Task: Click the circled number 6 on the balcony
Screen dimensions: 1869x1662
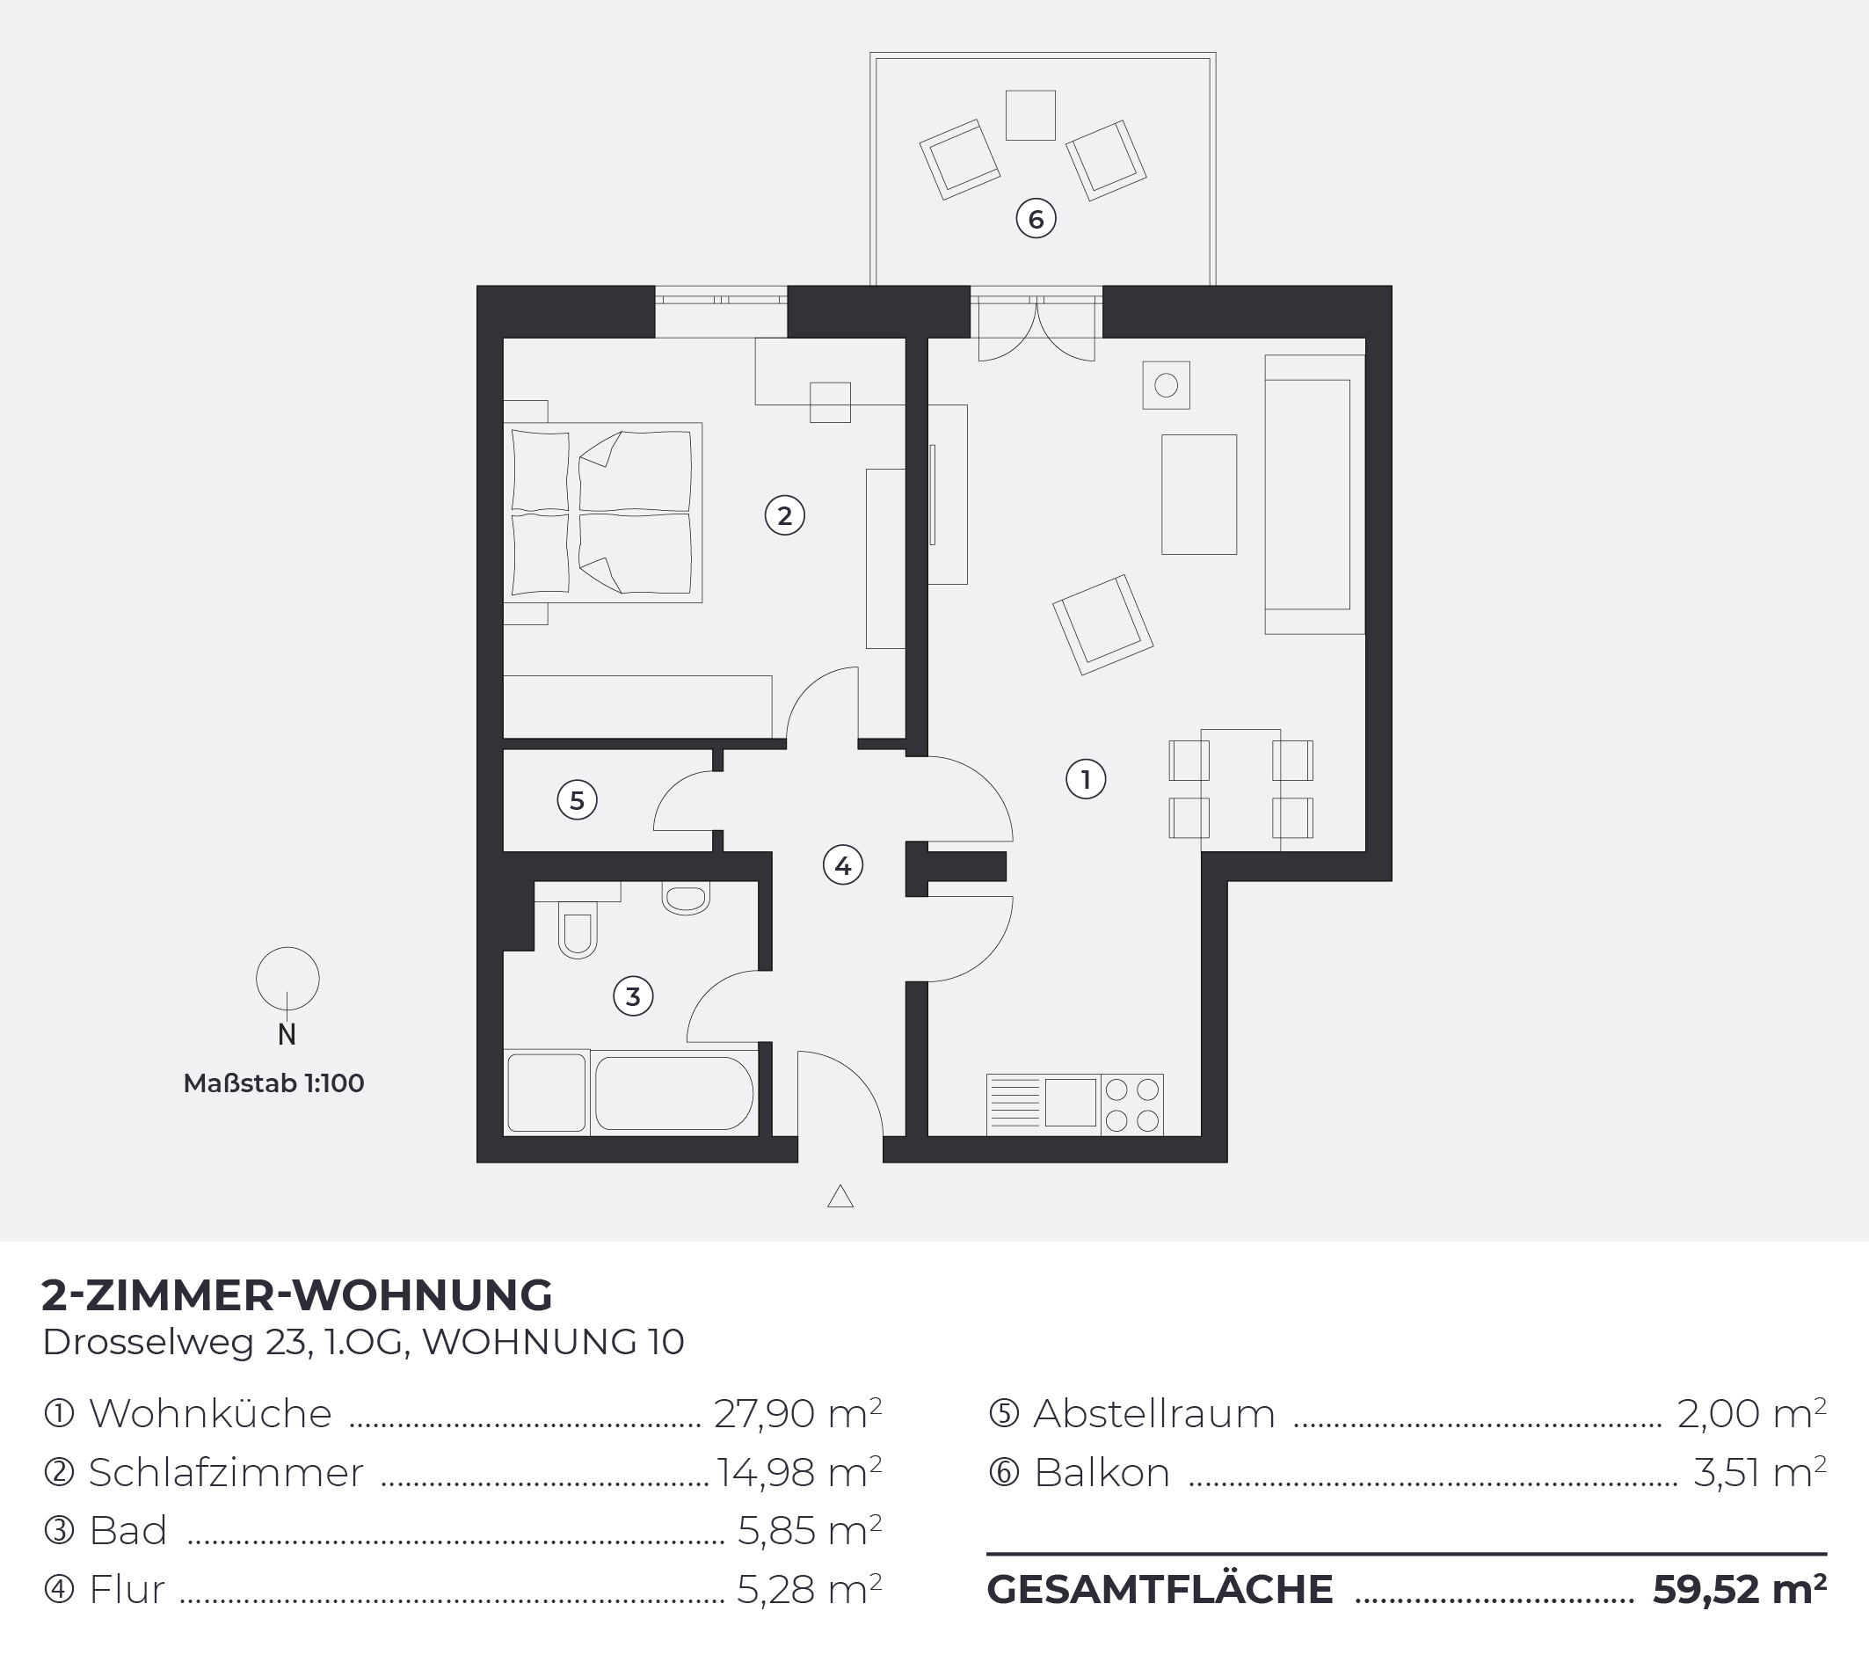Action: click(1036, 219)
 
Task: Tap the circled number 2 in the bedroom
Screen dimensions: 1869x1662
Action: click(784, 516)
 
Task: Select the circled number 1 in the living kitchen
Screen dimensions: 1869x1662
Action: click(1087, 779)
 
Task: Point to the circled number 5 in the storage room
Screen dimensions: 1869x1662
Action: click(577, 800)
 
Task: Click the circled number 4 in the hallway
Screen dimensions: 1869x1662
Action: click(843, 865)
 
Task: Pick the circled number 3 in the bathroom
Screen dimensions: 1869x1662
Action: click(633, 996)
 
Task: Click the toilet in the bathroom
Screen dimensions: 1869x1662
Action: click(577, 929)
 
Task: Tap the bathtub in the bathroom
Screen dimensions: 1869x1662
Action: click(675, 1093)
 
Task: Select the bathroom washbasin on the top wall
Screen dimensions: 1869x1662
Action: click(686, 898)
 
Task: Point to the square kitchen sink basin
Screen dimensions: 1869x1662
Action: click(1071, 1102)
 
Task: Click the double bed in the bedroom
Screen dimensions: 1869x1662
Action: click(603, 512)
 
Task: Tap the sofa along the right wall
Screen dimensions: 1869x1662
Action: click(1315, 494)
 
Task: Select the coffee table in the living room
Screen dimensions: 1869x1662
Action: click(1199, 494)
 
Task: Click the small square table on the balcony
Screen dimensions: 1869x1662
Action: click(1030, 115)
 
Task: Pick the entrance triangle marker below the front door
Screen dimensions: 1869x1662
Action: click(840, 1197)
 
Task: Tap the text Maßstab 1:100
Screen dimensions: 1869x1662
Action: click(273, 1083)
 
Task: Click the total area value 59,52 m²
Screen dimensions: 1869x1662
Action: click(1739, 1589)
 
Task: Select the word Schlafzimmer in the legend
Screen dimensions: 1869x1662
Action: click(226, 1473)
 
